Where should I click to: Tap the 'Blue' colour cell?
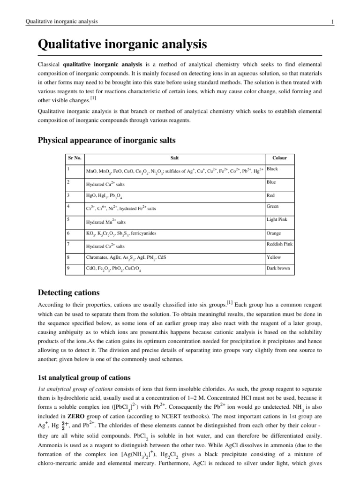click(271, 181)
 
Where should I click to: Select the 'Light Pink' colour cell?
click(277, 219)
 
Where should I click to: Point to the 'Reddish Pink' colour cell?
click(279, 244)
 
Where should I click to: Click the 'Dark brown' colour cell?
click(278, 269)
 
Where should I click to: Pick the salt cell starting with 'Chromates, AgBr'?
click(126, 257)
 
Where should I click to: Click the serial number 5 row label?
click(68, 219)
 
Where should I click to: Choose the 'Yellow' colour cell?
click(273, 257)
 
